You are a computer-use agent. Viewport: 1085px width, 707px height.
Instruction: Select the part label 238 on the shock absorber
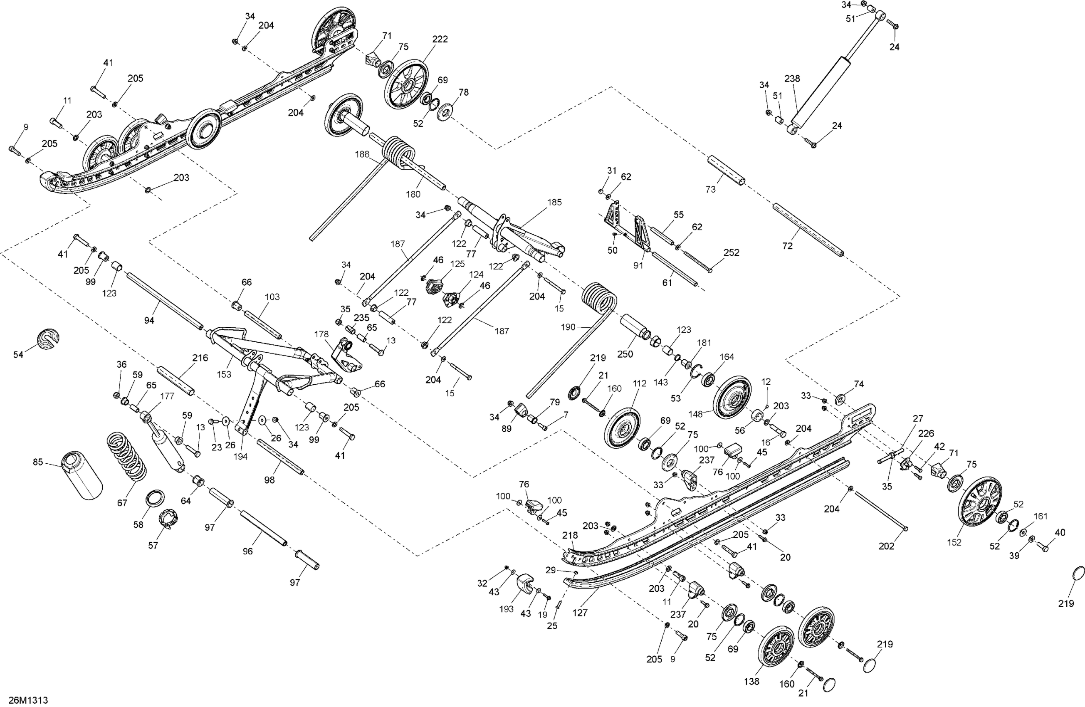tap(792, 79)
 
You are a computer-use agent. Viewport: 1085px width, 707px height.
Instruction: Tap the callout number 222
tap(440, 39)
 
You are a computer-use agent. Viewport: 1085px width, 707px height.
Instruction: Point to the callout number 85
tap(38, 462)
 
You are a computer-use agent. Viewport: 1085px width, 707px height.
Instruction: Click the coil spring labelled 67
tap(127, 456)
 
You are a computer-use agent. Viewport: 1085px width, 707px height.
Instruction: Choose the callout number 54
tap(18, 354)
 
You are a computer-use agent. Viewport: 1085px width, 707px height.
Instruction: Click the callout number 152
tap(954, 542)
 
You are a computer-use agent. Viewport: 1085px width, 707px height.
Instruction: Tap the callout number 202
tap(887, 546)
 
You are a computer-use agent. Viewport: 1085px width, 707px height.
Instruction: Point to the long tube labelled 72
tap(807, 230)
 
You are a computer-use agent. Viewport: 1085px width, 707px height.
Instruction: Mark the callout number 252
tap(732, 252)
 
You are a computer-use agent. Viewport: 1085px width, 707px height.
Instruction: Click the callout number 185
tap(554, 202)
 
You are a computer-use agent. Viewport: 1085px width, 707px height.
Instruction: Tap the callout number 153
tap(224, 374)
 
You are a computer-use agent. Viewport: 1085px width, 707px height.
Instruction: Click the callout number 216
tap(200, 358)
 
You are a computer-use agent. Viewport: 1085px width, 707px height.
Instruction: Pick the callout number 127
tap(580, 613)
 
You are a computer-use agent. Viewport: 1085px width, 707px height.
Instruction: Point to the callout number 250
tap(625, 354)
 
